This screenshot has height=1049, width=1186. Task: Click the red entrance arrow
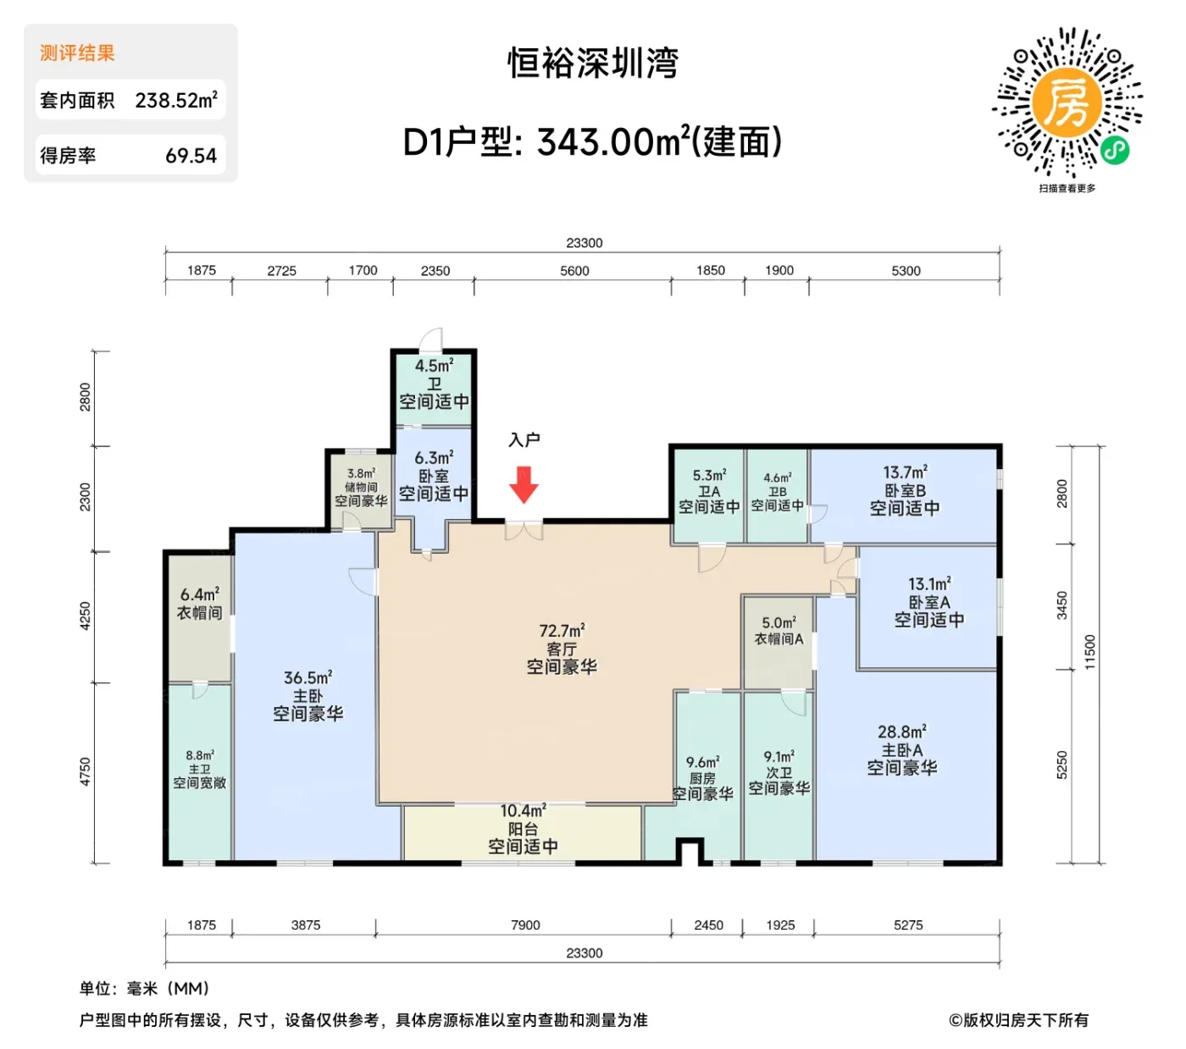click(x=523, y=484)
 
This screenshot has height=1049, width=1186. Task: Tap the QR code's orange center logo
click(x=1066, y=103)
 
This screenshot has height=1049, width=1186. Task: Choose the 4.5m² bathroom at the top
click(x=434, y=389)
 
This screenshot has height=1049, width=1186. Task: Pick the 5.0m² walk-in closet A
click(x=778, y=643)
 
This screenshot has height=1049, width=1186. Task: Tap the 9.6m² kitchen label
click(x=702, y=778)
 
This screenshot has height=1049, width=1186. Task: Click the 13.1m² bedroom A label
click(x=929, y=601)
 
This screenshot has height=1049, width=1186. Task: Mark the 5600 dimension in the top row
click(x=574, y=271)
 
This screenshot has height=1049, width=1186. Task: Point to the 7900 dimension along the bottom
click(x=525, y=925)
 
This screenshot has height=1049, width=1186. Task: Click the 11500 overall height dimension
click(x=1089, y=652)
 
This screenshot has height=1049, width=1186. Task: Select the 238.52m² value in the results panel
click(x=176, y=100)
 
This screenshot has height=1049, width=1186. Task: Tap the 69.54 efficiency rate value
click(x=191, y=156)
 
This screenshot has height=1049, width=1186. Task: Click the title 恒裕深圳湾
click(x=592, y=63)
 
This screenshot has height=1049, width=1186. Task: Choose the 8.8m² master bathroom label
click(x=200, y=769)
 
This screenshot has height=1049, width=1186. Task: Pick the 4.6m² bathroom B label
click(x=778, y=491)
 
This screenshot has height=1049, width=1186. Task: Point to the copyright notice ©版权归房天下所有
click(x=1018, y=1020)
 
